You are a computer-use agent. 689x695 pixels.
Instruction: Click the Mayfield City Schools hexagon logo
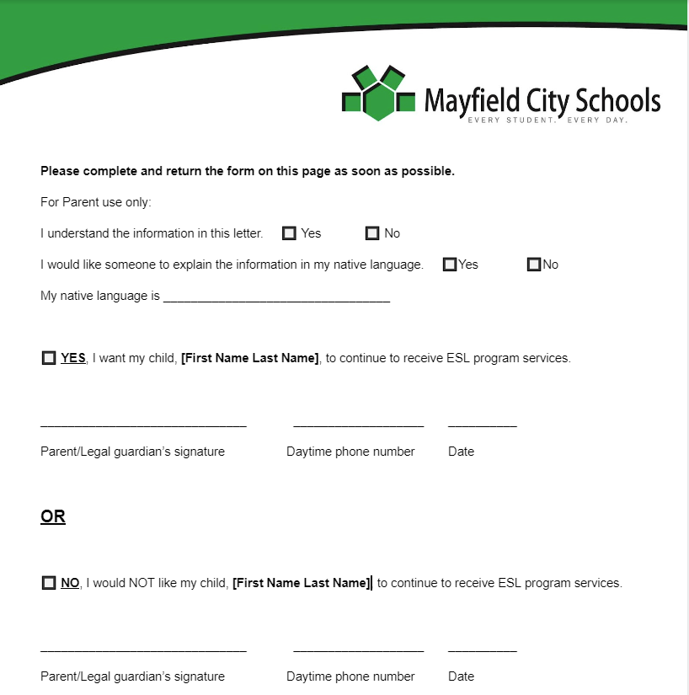click(378, 93)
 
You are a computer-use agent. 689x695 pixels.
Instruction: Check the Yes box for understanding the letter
click(289, 233)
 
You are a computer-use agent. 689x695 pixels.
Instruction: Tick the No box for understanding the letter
click(372, 233)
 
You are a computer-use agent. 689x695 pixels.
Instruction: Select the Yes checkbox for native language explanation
click(450, 265)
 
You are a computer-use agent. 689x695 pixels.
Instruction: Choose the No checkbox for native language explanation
click(533, 265)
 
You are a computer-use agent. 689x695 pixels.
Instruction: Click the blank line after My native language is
click(276, 297)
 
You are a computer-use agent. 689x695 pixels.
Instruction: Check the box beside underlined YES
click(48, 358)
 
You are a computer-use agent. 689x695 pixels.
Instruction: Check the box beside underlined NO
click(48, 583)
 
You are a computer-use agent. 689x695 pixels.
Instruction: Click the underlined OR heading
click(53, 516)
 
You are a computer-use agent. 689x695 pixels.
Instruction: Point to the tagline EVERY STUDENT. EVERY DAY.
click(547, 120)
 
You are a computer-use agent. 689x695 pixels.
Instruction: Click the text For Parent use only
click(95, 202)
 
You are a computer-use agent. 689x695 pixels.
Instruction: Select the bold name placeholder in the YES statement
click(250, 358)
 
